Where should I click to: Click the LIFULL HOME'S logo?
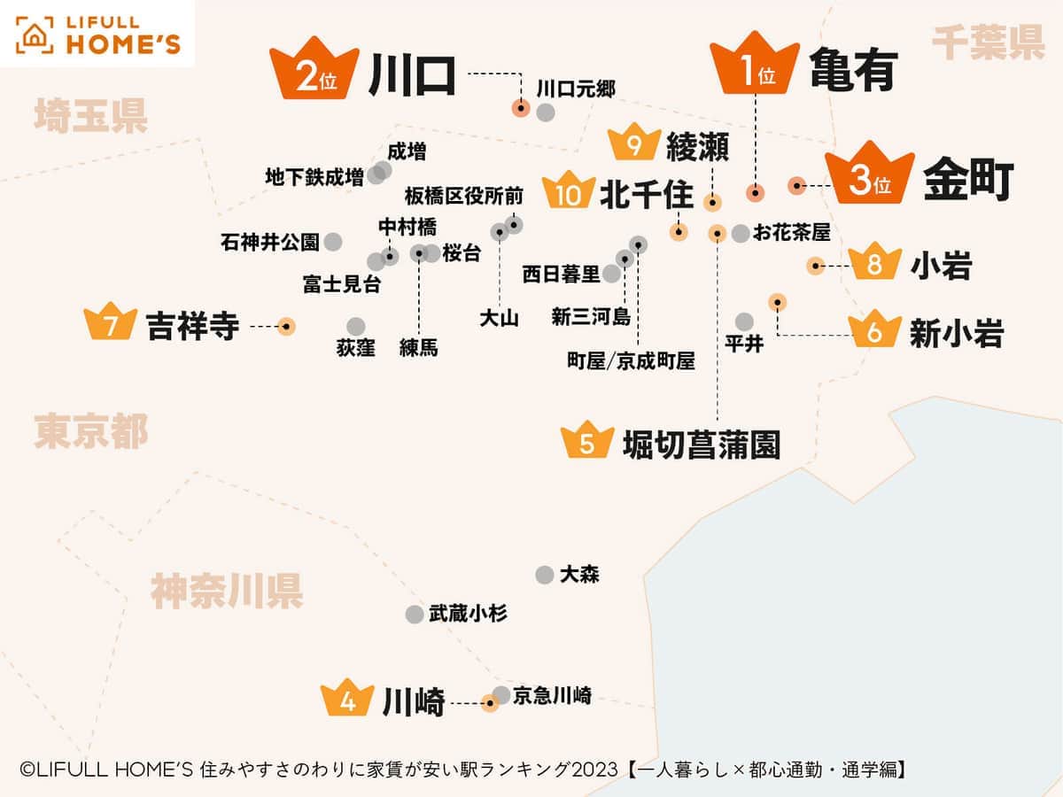[x=97, y=34]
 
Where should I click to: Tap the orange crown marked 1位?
[x=755, y=66]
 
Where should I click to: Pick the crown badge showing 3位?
[x=869, y=177]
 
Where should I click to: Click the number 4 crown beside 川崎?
[x=349, y=699]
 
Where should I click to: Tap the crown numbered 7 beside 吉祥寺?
[x=111, y=323]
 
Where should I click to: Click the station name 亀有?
[x=853, y=71]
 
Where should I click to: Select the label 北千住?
[x=647, y=195]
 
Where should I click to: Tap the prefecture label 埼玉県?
[x=90, y=117]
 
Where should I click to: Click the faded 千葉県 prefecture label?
[x=988, y=43]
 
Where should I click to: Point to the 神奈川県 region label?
[x=227, y=591]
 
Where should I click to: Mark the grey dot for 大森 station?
[x=545, y=575]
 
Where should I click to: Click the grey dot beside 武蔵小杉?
[x=414, y=614]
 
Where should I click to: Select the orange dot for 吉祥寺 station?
[x=285, y=327]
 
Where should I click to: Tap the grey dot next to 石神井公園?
[x=333, y=241]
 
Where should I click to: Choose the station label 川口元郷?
[x=576, y=88]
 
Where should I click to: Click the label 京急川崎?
[x=552, y=695]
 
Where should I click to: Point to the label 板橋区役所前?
[x=464, y=195]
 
